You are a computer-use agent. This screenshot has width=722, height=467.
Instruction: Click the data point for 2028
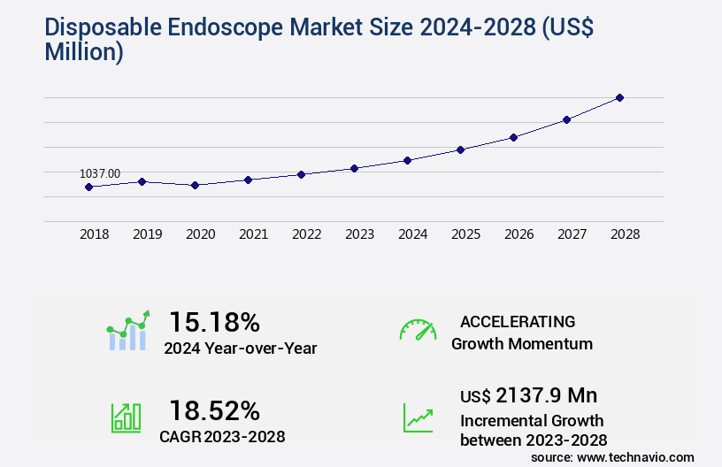(x=619, y=97)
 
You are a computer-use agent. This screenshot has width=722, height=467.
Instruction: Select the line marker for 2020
(x=195, y=185)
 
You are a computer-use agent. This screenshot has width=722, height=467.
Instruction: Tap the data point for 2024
(x=407, y=160)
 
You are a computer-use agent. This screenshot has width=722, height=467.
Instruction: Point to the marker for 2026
(x=513, y=137)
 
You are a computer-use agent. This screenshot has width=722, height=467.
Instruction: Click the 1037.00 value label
(x=100, y=174)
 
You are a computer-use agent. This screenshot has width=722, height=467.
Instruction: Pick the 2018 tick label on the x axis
(x=95, y=234)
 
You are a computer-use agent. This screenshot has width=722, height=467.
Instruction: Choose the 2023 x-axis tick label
(x=359, y=234)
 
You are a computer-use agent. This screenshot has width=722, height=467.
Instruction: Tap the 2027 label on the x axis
(x=572, y=234)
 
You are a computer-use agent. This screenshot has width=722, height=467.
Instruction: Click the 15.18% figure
(x=214, y=321)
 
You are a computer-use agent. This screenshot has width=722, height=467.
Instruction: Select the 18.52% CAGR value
(x=214, y=410)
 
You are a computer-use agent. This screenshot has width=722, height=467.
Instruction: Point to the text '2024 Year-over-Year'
(x=240, y=348)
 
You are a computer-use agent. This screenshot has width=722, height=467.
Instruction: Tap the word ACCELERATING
(x=518, y=321)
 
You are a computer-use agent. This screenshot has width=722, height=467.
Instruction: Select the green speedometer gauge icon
(x=418, y=329)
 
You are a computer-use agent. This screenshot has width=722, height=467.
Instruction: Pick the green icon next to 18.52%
(x=126, y=417)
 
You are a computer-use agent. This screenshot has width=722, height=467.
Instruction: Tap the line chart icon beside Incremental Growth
(x=418, y=417)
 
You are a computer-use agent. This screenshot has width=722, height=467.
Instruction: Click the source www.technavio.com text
(x=612, y=456)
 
